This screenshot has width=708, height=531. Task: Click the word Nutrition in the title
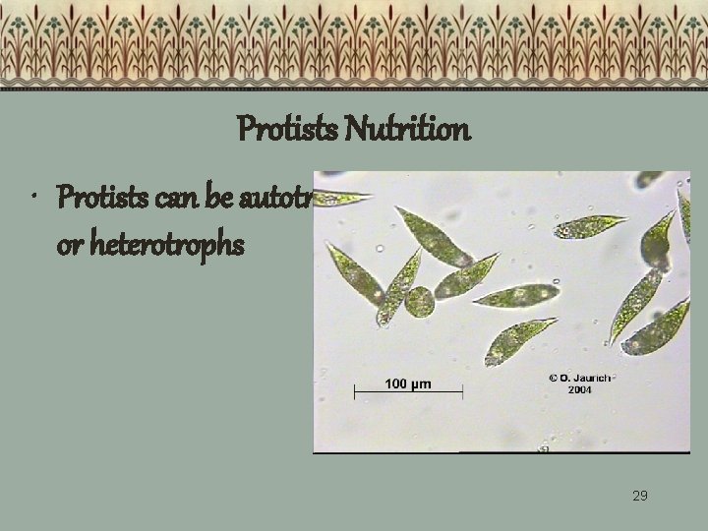(x=412, y=130)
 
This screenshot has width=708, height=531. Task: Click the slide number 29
(x=639, y=495)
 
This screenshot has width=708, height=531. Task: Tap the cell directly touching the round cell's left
(x=399, y=288)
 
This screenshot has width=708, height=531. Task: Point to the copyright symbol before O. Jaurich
(x=552, y=377)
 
